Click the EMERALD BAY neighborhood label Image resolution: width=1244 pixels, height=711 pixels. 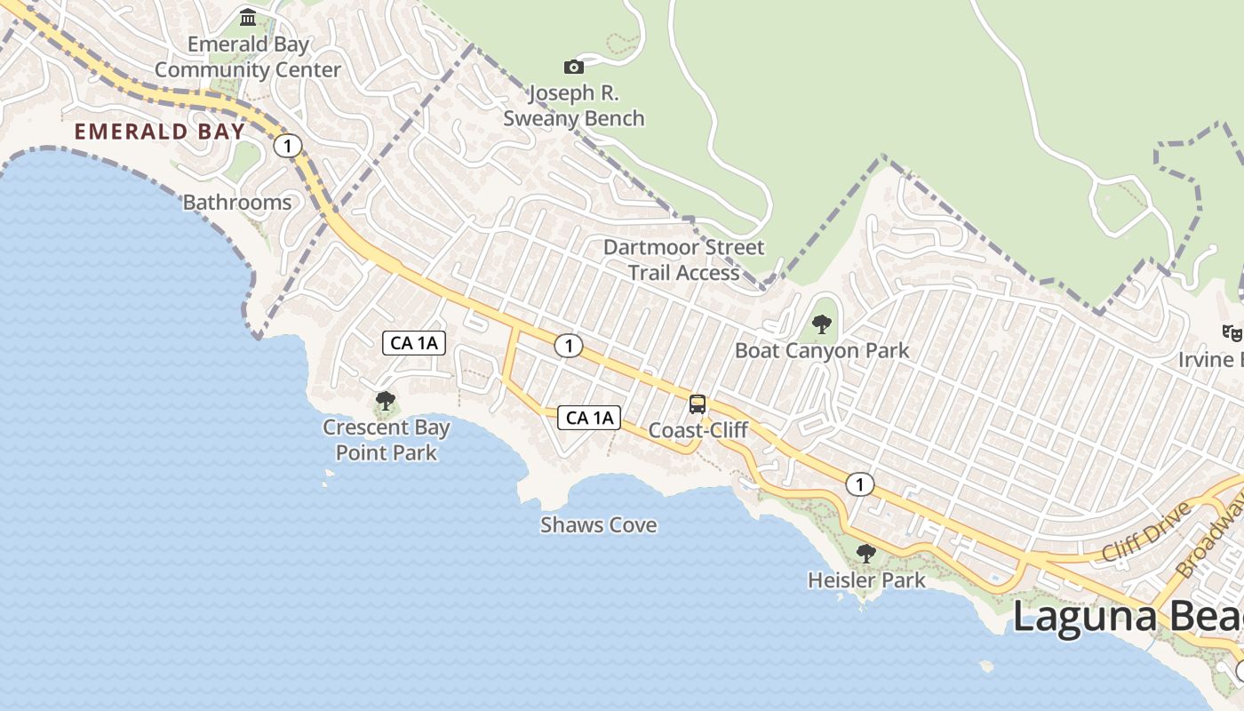(x=159, y=132)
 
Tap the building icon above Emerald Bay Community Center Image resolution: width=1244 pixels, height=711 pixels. (x=248, y=17)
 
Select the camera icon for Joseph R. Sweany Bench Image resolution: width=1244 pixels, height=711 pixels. (x=574, y=67)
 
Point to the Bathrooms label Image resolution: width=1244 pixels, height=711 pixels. (x=237, y=203)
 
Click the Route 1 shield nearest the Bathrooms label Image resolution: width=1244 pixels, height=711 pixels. (x=288, y=146)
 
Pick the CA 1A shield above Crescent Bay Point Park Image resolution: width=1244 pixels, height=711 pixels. (x=414, y=342)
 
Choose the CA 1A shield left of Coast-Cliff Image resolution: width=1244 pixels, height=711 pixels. (x=589, y=417)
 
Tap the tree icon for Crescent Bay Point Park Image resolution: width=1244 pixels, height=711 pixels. (x=386, y=401)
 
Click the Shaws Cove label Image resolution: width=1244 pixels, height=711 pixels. (x=599, y=525)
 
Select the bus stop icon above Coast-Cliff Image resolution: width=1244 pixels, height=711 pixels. (x=698, y=404)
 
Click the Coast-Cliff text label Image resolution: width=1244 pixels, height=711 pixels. (x=698, y=430)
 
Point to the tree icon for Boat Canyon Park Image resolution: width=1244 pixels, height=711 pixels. (x=822, y=324)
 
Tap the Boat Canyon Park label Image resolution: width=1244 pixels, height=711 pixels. (x=822, y=350)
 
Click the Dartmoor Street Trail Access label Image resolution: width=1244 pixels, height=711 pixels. (x=683, y=260)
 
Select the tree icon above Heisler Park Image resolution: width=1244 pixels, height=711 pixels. (x=865, y=554)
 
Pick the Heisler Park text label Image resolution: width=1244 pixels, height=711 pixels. (x=866, y=580)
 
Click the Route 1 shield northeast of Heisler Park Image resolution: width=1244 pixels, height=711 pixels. (x=859, y=484)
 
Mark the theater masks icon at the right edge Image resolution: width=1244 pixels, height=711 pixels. (x=1232, y=332)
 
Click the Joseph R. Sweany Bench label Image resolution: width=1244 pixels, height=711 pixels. (x=574, y=106)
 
